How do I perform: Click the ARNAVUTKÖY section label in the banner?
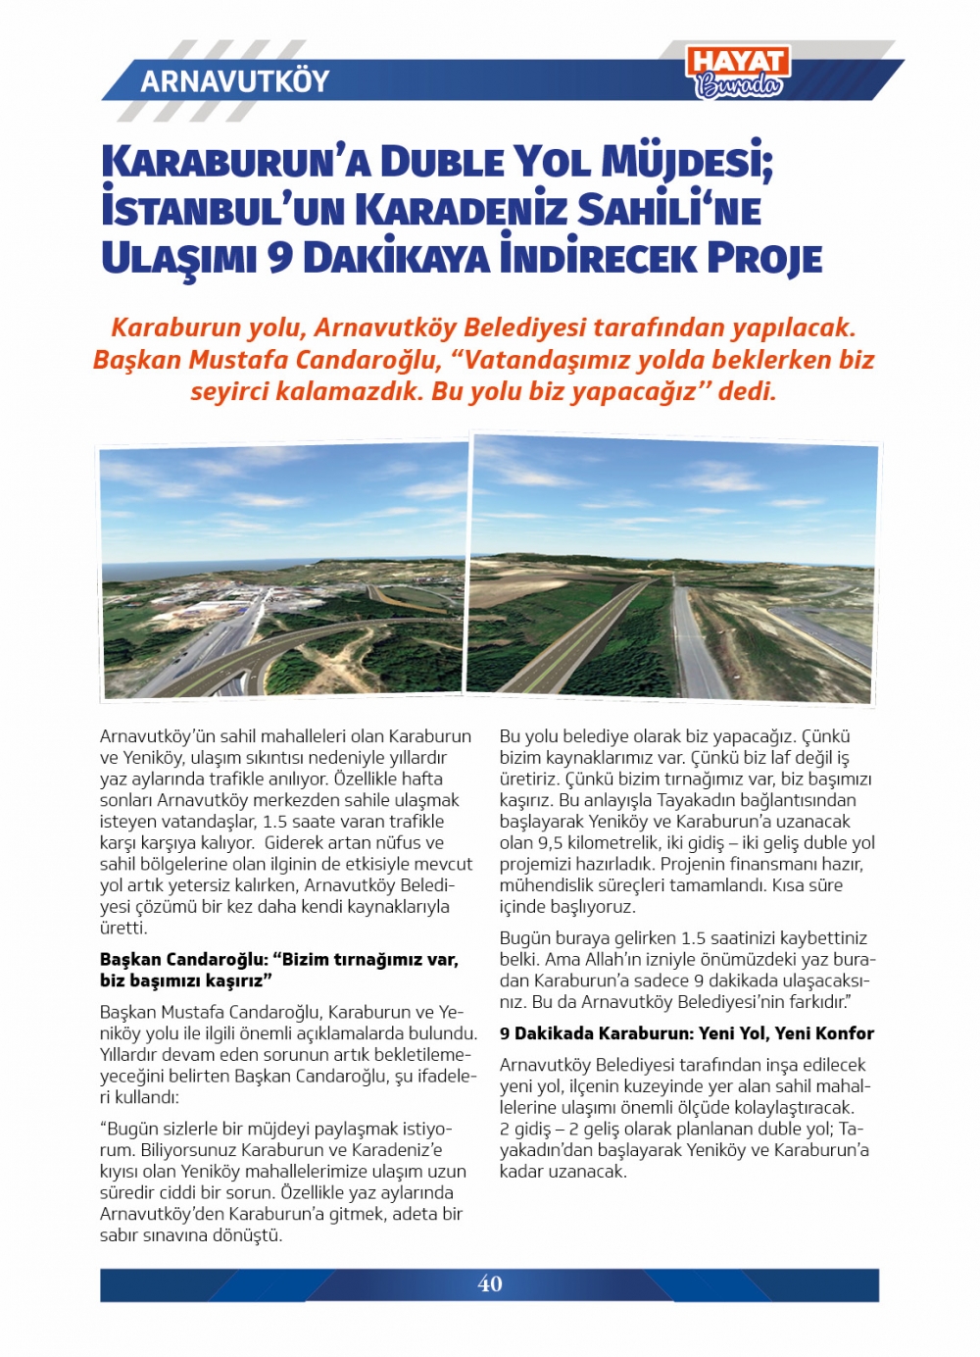coord(234,80)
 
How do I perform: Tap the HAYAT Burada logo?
coord(738,73)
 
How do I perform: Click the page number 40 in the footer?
coord(490,1283)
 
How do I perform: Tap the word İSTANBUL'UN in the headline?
coord(220,210)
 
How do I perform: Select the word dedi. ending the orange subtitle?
coord(747,392)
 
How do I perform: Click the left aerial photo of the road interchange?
coord(283,571)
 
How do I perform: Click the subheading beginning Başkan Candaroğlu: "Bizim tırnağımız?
coord(278,969)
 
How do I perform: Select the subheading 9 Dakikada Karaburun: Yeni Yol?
coord(686,1032)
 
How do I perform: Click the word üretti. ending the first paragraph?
coord(123,928)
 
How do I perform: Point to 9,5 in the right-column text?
coord(549,842)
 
